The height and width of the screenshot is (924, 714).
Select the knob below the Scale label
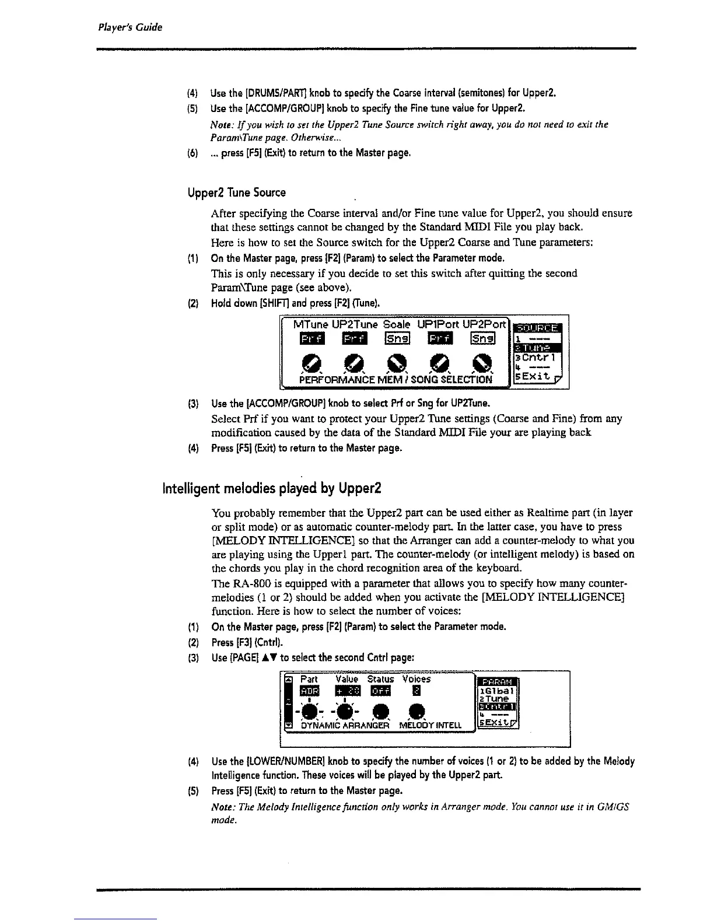[x=395, y=362]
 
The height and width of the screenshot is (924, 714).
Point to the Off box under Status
[x=380, y=691]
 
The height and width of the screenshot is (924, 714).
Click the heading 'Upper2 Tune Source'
[x=237, y=192]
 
